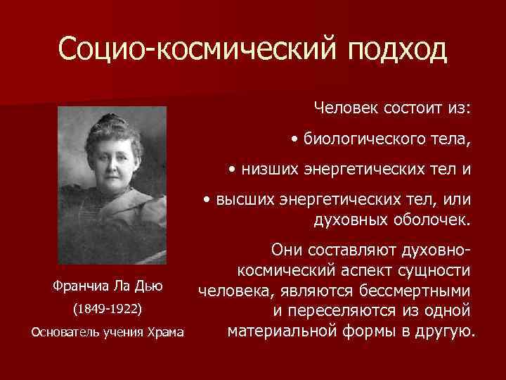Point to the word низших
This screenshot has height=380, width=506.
271,170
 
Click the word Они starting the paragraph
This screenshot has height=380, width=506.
287,251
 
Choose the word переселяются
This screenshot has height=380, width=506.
342,310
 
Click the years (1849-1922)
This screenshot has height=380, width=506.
108,309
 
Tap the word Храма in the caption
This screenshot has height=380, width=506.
163,332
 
